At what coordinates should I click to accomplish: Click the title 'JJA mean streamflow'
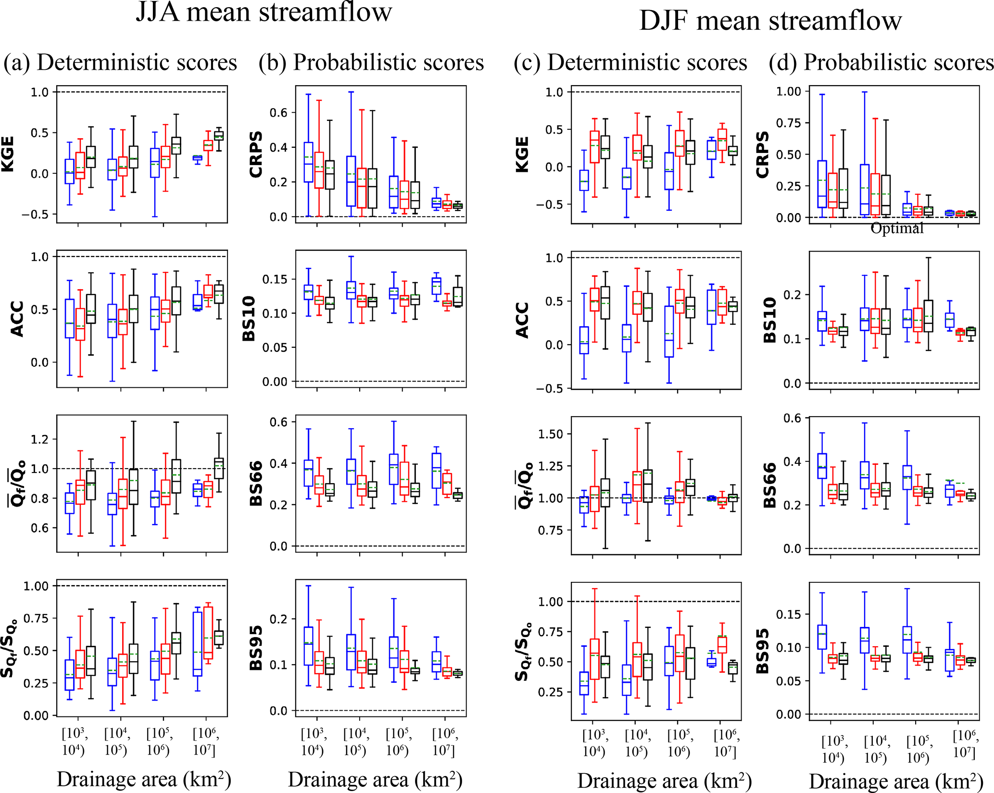coord(264,12)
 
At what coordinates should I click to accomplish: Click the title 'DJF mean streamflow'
coord(770,22)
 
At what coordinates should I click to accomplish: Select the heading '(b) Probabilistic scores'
coord(371,63)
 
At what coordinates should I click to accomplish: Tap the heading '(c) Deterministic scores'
coord(630,63)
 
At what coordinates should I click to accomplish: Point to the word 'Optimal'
coord(897,229)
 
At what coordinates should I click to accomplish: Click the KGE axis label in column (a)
coord(8,154)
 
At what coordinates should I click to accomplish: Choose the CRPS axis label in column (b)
coord(256,154)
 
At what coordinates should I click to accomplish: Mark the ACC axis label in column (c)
coord(522,320)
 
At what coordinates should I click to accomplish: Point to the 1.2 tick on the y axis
coord(39,439)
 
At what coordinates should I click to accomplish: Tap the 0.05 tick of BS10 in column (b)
coord(275,347)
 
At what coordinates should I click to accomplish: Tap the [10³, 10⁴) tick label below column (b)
coord(314,742)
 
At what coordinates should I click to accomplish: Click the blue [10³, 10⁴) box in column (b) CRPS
coord(308,162)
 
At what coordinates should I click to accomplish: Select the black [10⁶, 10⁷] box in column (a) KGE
coord(219,136)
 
